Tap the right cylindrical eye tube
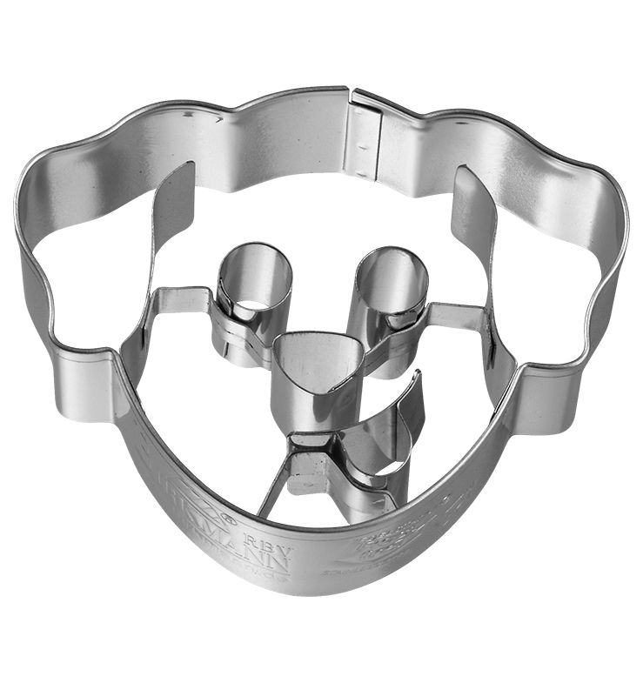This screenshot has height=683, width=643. pos(392,283)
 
